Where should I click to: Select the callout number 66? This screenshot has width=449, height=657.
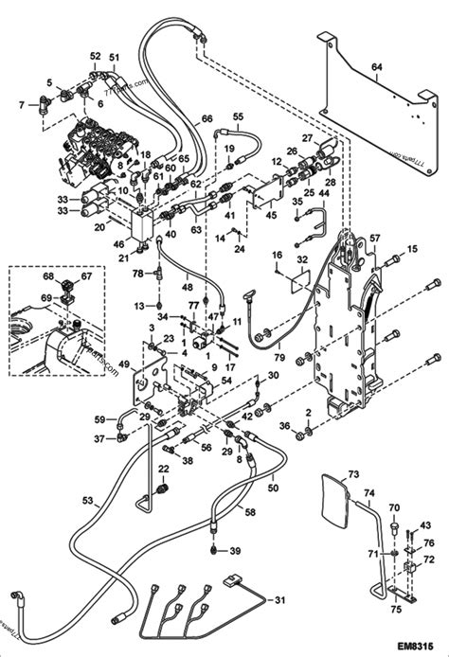(207, 120)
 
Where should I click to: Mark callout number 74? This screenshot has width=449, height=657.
(368, 493)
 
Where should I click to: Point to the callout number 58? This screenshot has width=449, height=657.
(250, 511)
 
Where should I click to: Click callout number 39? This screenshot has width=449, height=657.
(234, 551)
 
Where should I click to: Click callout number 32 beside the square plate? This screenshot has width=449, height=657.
(301, 259)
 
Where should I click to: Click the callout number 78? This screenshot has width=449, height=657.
(137, 273)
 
